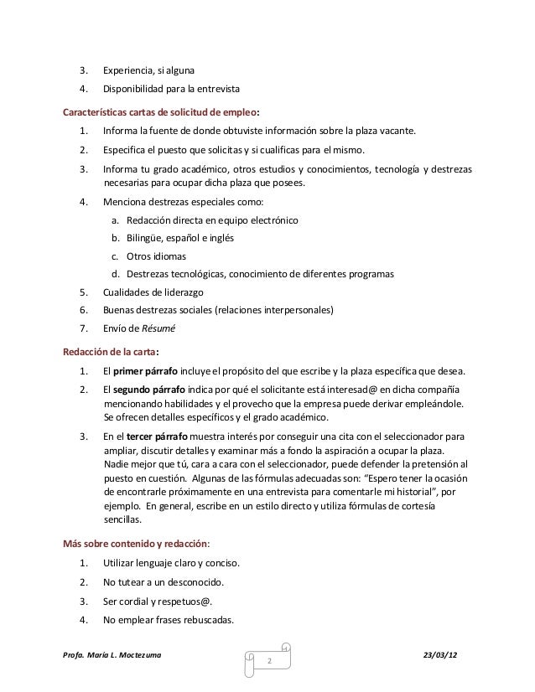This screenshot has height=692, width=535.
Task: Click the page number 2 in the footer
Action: click(269, 663)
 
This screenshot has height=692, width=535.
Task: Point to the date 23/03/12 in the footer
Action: click(449, 653)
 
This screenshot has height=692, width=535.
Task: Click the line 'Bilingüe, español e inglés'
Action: click(180, 238)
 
